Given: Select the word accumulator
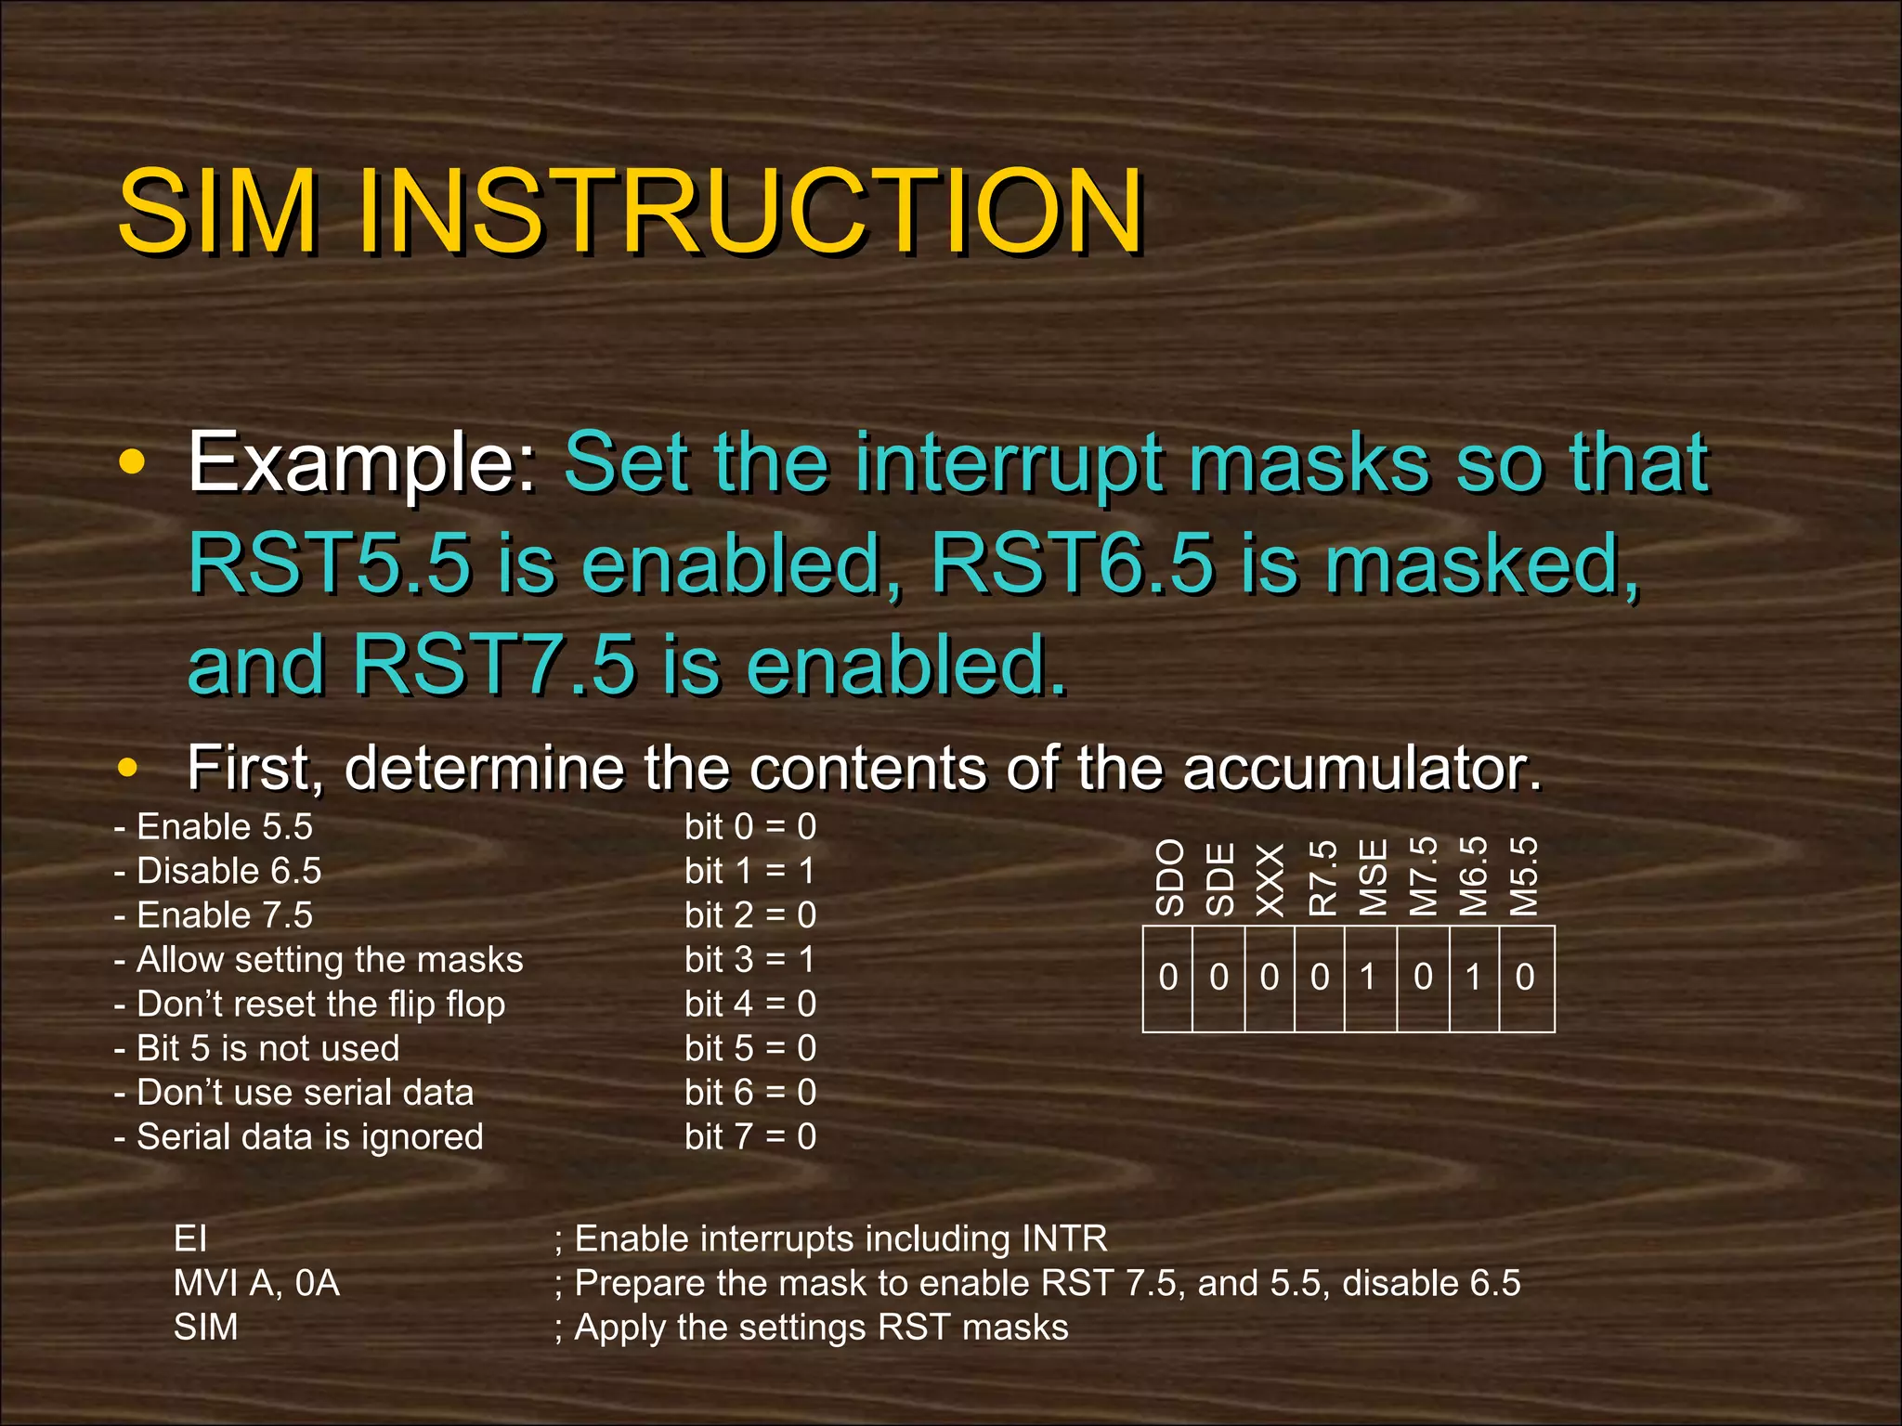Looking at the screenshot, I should (x=1361, y=768).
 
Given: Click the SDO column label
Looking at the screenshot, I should (x=1170, y=876).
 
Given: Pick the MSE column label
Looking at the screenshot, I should (x=1373, y=877).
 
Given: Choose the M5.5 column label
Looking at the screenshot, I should (x=1524, y=876).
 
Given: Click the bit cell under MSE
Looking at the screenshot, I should (x=1370, y=978).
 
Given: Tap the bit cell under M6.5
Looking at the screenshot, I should (x=1474, y=978).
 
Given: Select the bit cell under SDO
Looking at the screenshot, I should (x=1167, y=978).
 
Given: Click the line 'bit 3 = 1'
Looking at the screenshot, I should (x=749, y=960).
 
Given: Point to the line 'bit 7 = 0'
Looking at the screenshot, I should (x=749, y=1137).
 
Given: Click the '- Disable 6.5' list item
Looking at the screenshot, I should (x=217, y=872).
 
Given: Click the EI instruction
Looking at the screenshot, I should (x=190, y=1239).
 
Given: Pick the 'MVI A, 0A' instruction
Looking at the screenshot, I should (x=256, y=1284).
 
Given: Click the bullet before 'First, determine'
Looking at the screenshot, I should (x=128, y=769).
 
